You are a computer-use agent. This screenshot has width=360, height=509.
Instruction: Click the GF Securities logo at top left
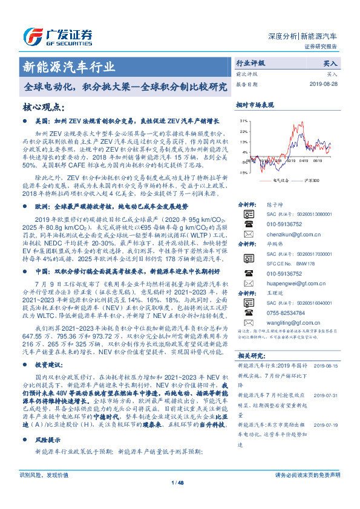[58, 35]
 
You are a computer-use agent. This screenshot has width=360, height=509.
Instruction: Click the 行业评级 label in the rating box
[251, 63]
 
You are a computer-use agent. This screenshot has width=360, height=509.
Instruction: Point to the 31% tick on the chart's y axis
[243, 121]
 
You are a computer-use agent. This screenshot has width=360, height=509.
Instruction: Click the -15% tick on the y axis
[243, 172]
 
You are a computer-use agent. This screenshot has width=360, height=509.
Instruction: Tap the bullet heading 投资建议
[49, 365]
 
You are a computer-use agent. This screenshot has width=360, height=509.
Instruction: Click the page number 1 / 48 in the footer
[178, 482]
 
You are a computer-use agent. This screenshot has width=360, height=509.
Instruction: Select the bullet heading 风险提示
[48, 442]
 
